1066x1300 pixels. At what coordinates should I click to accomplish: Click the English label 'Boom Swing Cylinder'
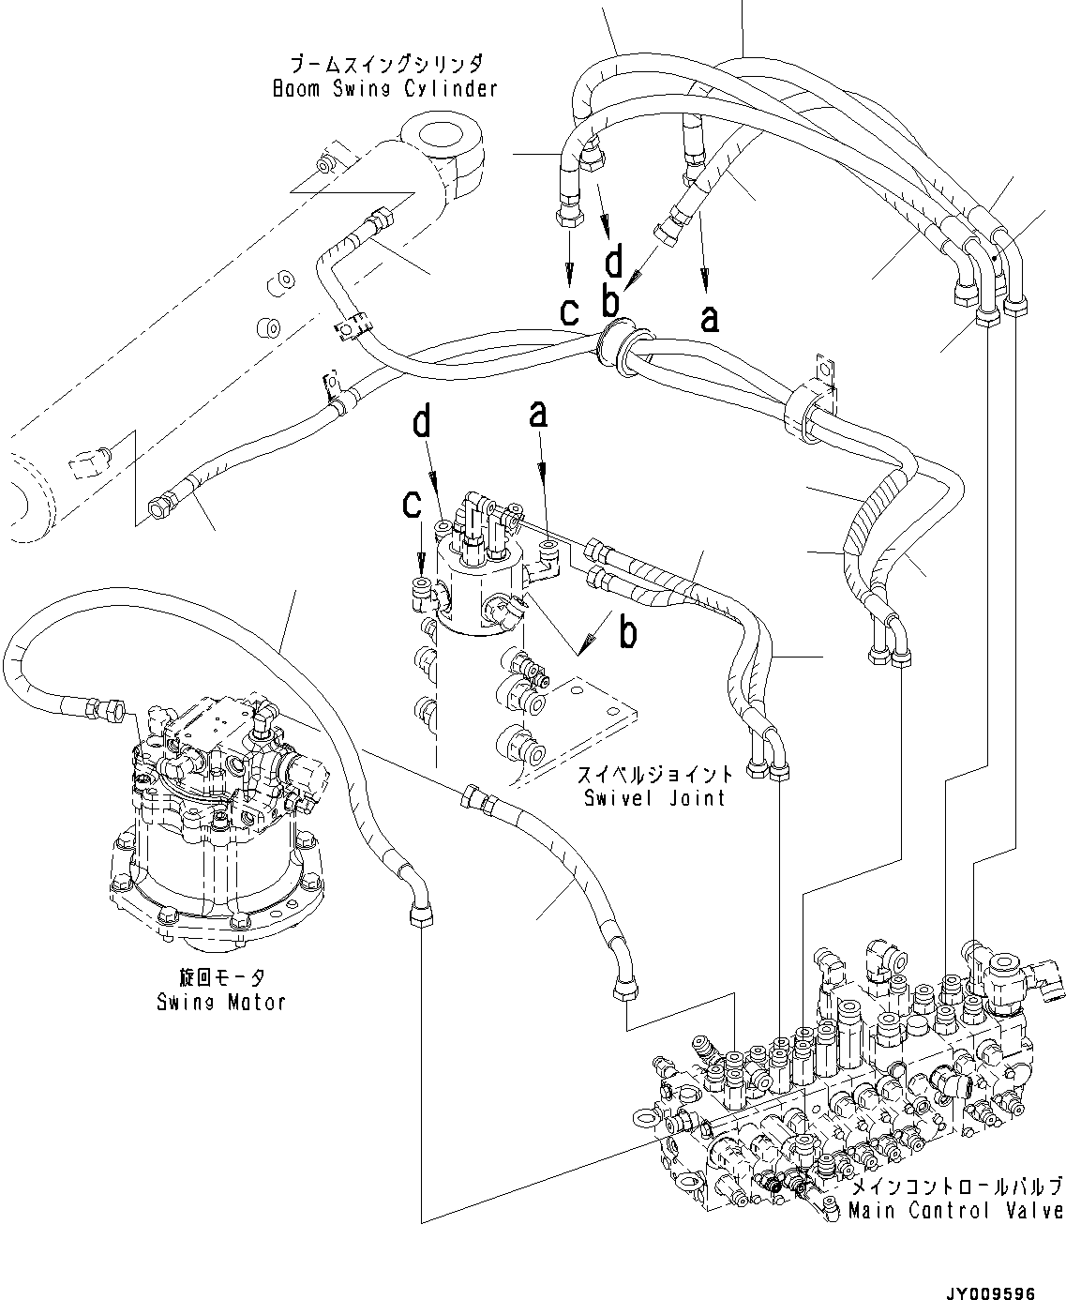tap(384, 89)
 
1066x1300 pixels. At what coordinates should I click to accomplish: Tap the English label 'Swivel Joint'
tap(653, 798)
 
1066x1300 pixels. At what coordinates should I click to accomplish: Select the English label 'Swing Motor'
tap(220, 1002)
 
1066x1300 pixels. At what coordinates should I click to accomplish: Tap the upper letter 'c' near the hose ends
tap(570, 311)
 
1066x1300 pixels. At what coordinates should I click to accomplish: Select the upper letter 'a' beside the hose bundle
tap(711, 317)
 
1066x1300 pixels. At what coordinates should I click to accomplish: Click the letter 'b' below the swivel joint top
tap(628, 634)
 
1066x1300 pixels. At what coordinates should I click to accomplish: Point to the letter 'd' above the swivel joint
tap(423, 423)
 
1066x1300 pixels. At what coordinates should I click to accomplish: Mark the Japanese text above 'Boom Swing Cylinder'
tap(385, 65)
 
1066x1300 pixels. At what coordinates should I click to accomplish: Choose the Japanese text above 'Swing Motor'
tap(220, 976)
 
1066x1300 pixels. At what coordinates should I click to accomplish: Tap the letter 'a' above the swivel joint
tap(538, 414)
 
